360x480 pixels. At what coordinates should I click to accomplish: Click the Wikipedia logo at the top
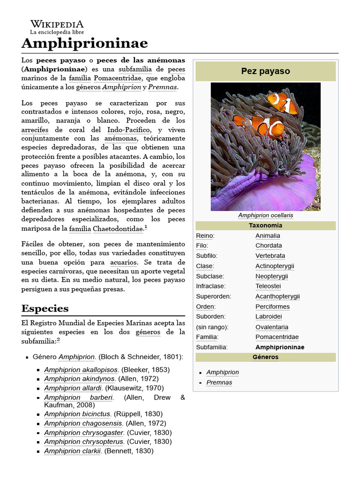click(57, 27)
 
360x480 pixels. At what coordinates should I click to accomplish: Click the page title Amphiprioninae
click(85, 43)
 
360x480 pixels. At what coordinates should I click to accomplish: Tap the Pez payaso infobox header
click(265, 71)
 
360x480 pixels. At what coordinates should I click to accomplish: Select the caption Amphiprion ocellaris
click(265, 216)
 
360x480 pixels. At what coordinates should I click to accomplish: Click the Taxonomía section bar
click(265, 225)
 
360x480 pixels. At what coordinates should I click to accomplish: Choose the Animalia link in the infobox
click(268, 236)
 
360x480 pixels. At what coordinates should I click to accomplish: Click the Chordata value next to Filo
click(269, 246)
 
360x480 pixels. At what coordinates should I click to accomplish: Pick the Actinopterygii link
click(275, 266)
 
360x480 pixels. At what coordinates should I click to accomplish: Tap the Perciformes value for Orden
click(272, 307)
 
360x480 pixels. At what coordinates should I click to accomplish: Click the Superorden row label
click(213, 296)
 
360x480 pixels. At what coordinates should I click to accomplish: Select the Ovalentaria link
click(272, 327)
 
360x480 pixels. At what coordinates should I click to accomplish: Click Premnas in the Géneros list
click(219, 382)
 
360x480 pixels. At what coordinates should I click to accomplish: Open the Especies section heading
click(45, 308)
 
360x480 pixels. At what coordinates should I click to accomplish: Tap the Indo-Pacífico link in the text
click(129, 130)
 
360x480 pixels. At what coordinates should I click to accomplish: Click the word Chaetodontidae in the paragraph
click(118, 229)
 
